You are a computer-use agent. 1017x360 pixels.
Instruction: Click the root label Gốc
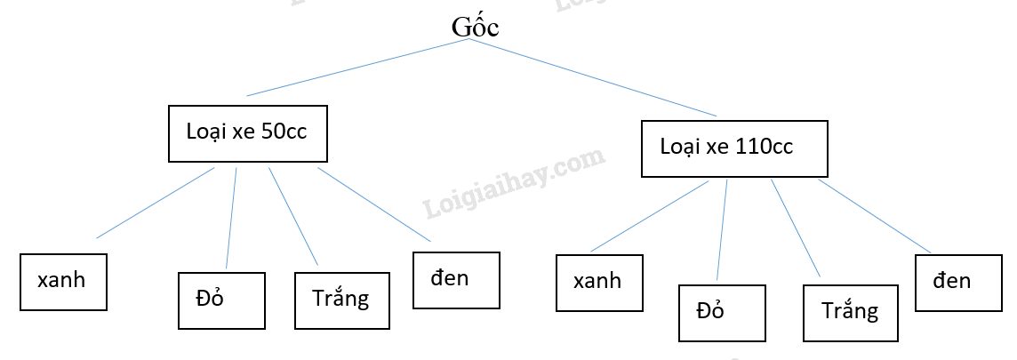475,27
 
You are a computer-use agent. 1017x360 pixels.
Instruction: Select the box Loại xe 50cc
247,133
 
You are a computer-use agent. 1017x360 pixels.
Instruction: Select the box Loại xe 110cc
734,148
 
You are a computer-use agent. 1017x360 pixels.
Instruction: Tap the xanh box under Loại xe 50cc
63,282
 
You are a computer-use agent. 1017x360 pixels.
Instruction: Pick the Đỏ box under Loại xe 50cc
221,300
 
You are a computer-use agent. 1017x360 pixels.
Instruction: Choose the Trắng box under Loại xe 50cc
341,300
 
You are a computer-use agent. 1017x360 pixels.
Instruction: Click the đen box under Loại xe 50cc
456,280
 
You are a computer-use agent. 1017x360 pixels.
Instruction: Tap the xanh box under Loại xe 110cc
599,283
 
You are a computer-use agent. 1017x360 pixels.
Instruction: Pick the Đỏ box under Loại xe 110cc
721,313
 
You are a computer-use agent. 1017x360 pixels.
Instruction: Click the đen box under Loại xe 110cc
959,283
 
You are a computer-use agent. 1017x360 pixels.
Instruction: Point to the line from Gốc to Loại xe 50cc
356,68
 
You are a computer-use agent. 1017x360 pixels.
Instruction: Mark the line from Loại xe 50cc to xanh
156,203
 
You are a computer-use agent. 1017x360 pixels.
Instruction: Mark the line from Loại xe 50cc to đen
373,204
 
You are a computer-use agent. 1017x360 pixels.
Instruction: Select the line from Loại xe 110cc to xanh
650,215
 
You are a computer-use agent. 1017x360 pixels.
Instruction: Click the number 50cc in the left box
284,132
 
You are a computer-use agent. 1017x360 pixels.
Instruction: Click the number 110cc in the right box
765,147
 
